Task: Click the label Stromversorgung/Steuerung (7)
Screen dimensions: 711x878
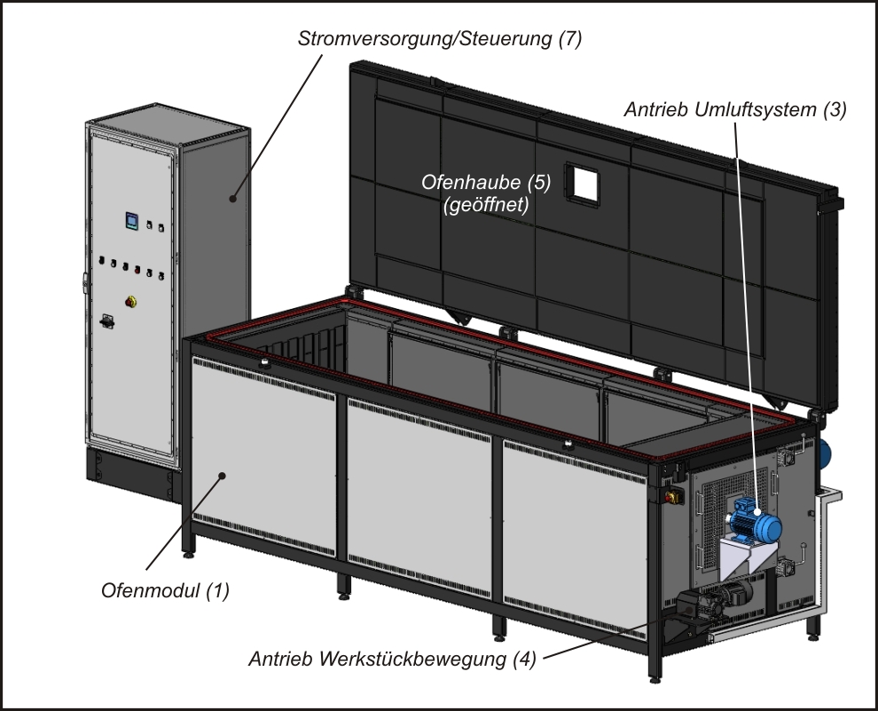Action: pos(440,39)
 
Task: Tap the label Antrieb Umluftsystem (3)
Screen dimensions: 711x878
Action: pos(735,110)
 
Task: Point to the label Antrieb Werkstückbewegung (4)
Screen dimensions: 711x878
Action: pos(392,660)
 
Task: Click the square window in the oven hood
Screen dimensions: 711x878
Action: pos(585,183)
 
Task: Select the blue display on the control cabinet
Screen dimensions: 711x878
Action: pos(130,220)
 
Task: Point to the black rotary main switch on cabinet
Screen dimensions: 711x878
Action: pos(107,320)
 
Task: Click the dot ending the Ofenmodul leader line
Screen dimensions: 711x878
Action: pos(223,475)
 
